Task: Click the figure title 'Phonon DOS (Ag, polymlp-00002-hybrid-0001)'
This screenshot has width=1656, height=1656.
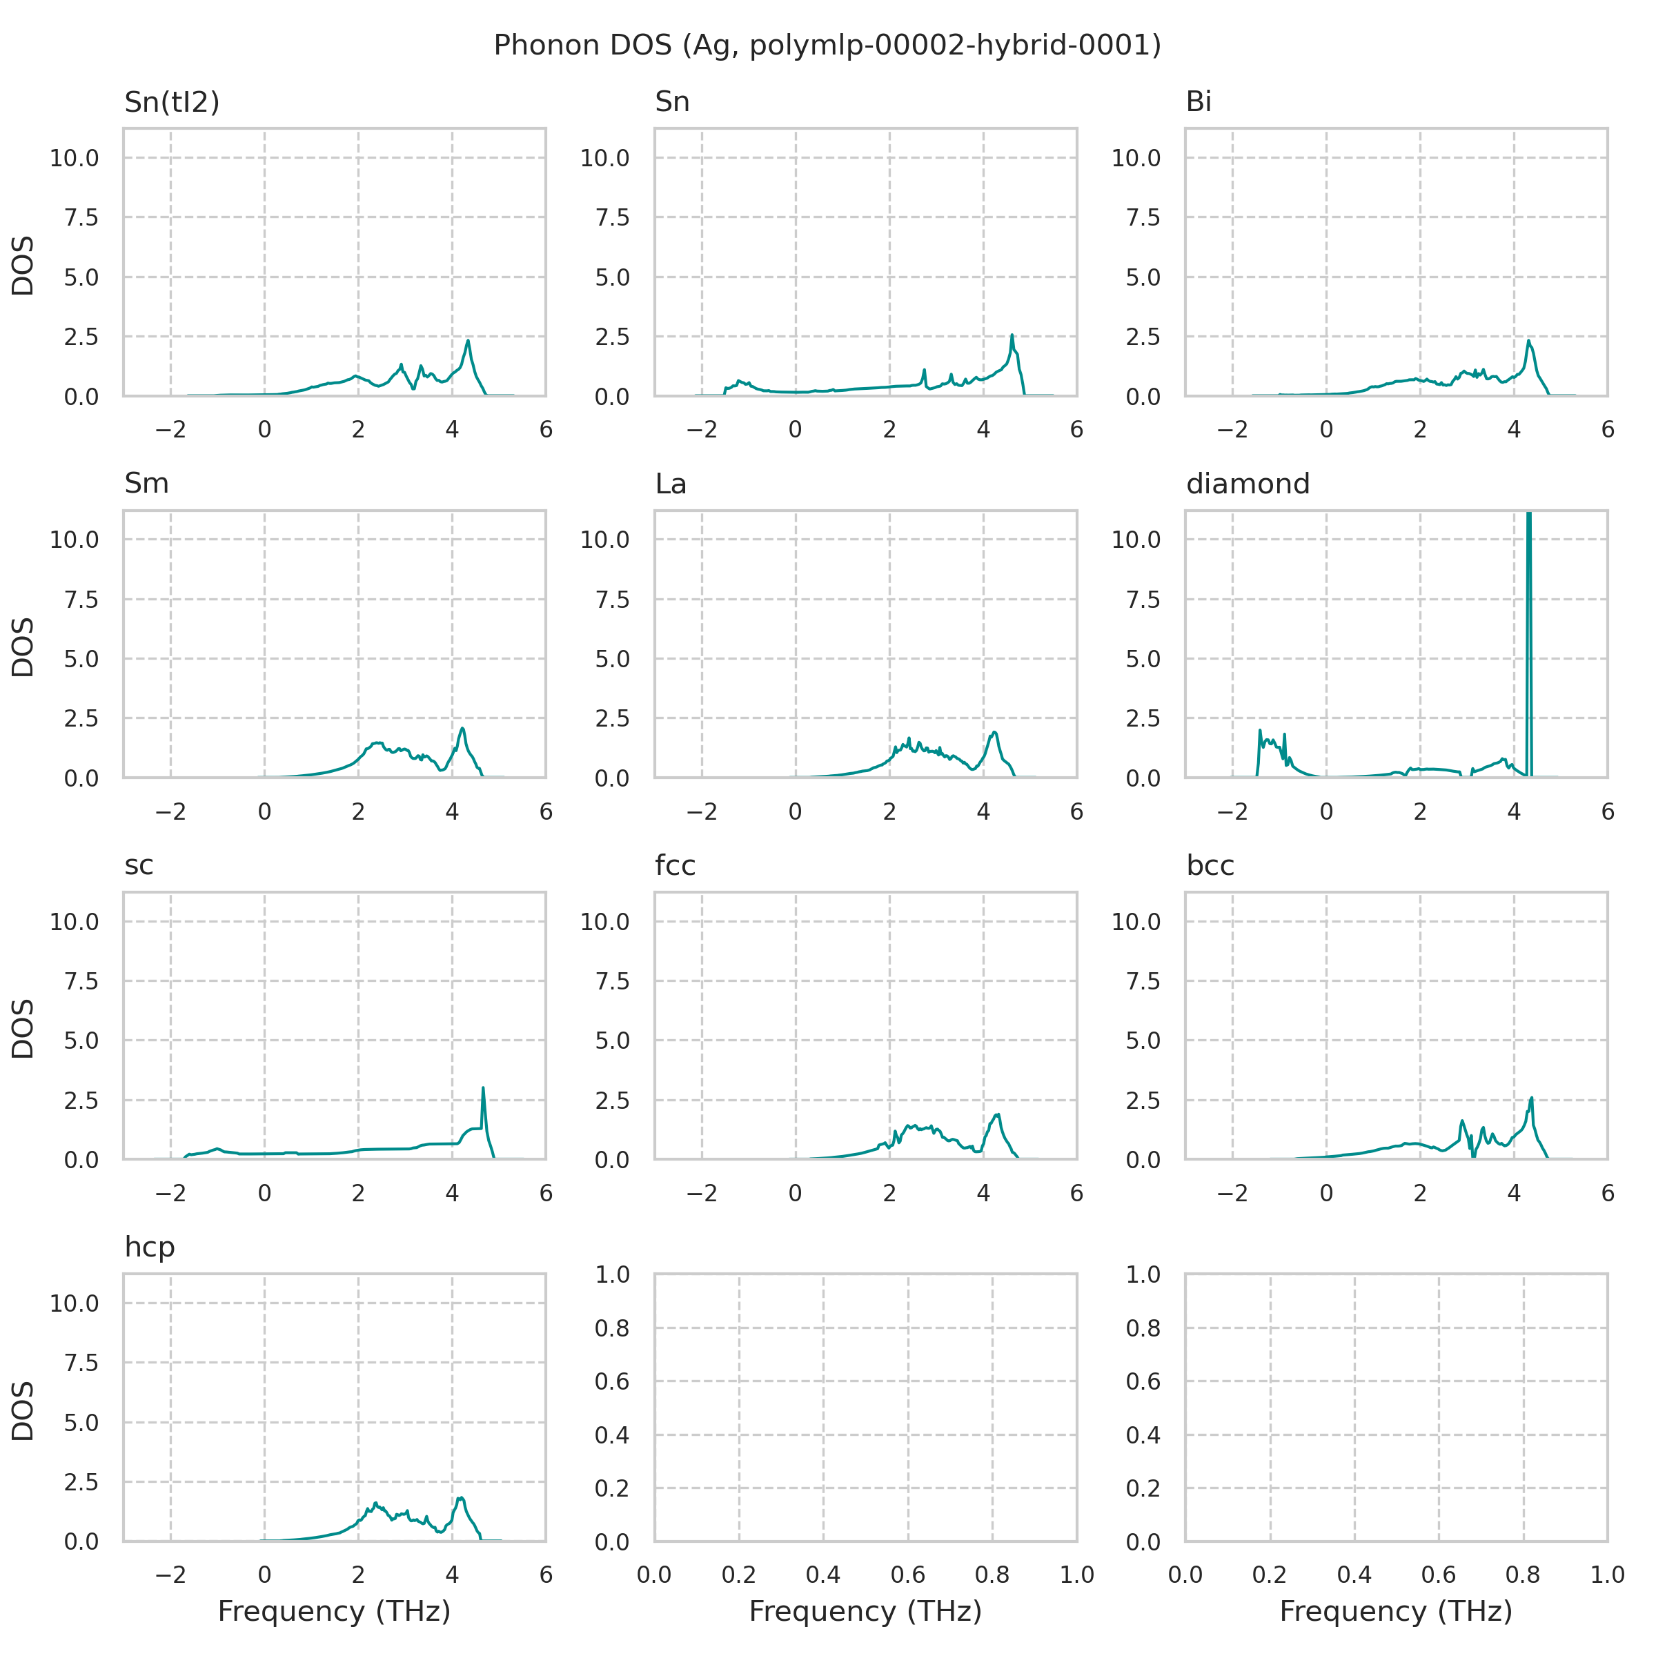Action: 827,45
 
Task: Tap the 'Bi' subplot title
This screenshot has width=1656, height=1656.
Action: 1199,102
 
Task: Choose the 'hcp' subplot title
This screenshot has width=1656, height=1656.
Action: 149,1247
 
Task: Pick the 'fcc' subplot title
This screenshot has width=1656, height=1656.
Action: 675,866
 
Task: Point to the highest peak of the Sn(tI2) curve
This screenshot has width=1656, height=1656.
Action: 468,341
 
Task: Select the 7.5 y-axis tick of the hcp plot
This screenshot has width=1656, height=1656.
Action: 81,1363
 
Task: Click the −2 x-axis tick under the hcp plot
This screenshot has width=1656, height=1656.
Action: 170,1574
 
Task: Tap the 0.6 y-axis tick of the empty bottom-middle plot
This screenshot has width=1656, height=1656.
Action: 612,1381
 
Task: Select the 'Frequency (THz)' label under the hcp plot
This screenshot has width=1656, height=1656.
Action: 334,1611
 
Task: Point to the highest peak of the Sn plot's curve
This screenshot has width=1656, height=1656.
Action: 1012,335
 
